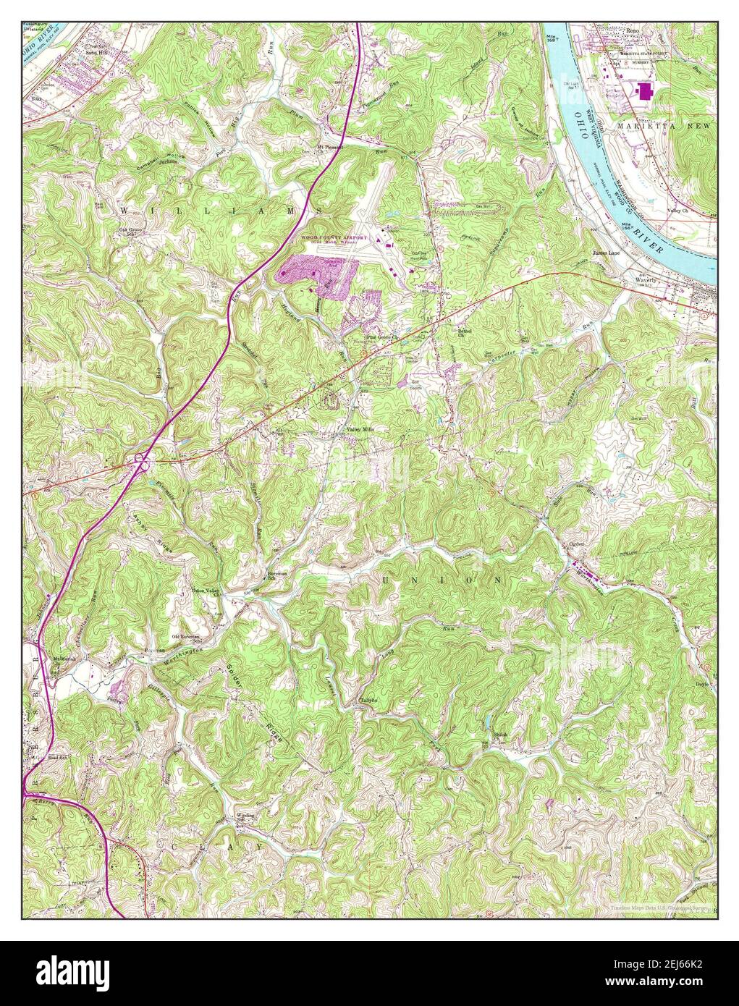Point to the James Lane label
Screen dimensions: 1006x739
coord(607,253)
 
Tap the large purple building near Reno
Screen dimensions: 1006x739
coord(643,92)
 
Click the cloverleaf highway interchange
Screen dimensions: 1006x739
coord(141,459)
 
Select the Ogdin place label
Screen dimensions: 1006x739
coord(576,544)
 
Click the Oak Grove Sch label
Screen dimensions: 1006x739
coord(131,232)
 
